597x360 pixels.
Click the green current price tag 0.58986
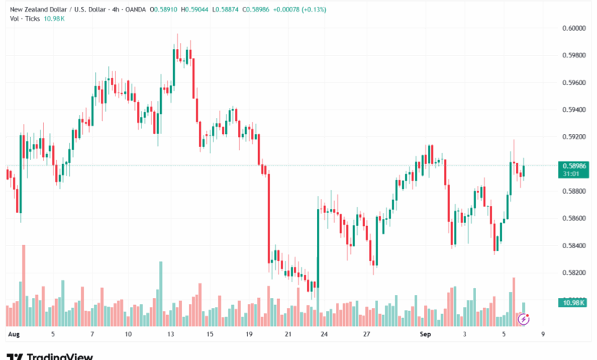tap(574, 165)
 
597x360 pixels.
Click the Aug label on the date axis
tap(13, 335)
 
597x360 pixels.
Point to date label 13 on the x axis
tap(171, 335)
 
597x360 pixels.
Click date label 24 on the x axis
tap(325, 335)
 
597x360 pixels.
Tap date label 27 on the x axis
tap(367, 335)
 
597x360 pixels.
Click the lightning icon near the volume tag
tap(524, 317)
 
